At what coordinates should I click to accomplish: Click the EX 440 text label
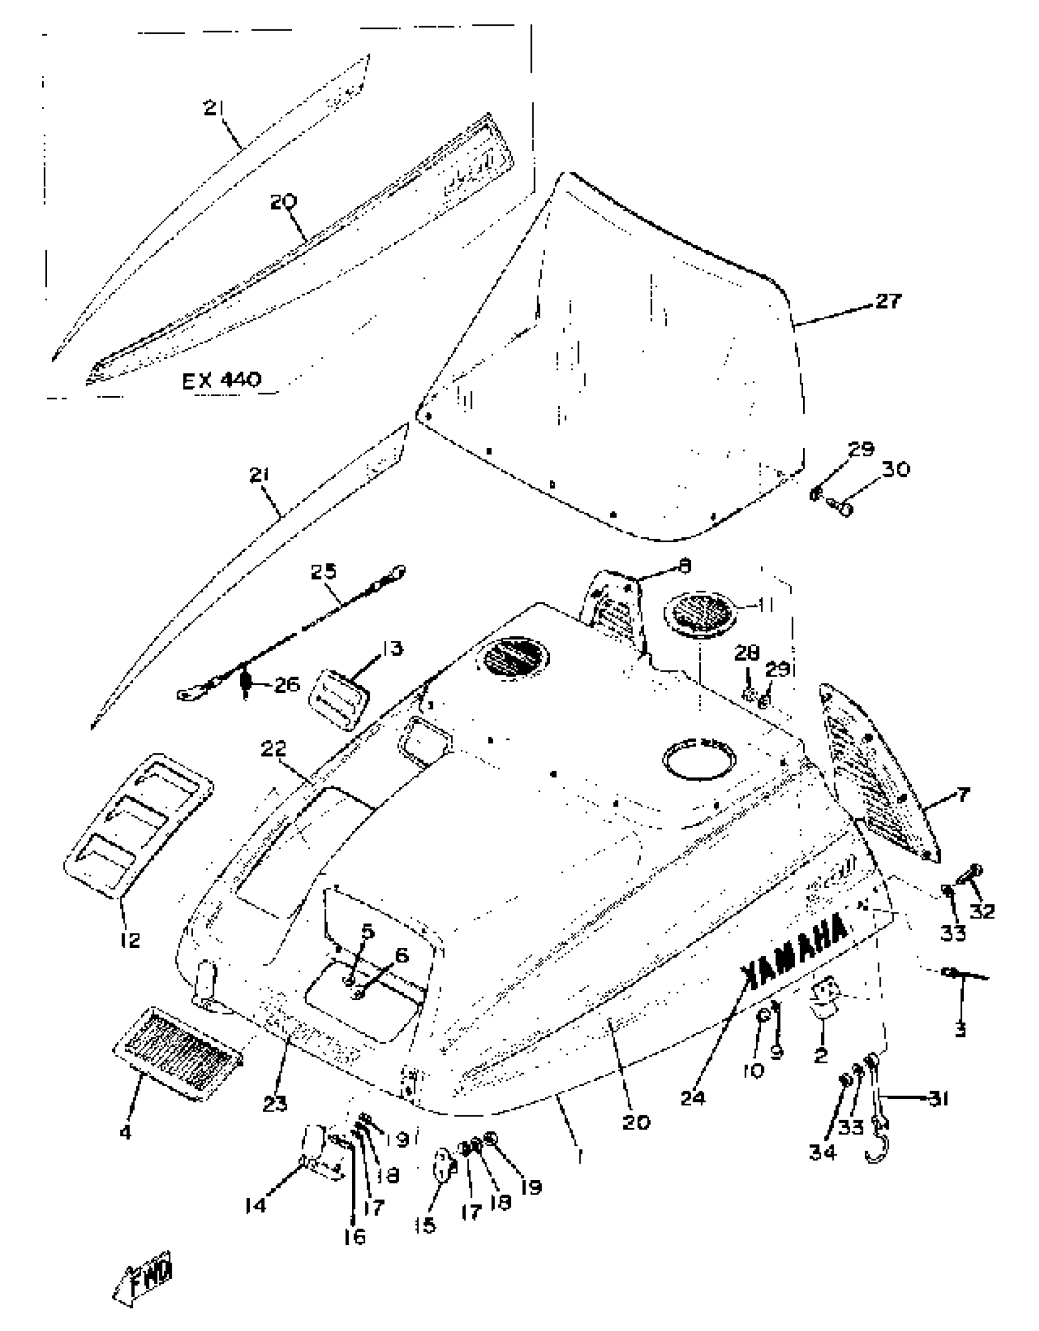(x=221, y=380)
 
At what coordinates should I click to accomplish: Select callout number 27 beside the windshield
(x=887, y=301)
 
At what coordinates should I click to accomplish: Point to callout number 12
(x=130, y=939)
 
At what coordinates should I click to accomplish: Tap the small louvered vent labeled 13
(x=339, y=698)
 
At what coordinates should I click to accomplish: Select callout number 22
(x=273, y=749)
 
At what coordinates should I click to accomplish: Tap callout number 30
(x=895, y=469)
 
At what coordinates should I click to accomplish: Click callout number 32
(x=982, y=911)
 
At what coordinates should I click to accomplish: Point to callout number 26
(x=286, y=684)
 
